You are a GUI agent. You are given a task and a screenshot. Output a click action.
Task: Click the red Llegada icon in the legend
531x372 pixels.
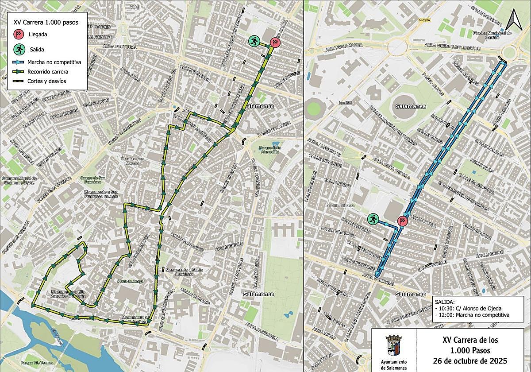click(x=19, y=34)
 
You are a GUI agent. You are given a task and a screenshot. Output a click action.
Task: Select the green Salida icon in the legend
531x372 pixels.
click(x=19, y=49)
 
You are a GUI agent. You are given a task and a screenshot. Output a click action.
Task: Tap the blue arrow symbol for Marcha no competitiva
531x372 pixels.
click(x=19, y=62)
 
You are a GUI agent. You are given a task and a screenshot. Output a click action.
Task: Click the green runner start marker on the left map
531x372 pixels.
click(x=254, y=42)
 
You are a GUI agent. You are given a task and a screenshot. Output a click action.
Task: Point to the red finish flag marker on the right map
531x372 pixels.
click(x=402, y=221)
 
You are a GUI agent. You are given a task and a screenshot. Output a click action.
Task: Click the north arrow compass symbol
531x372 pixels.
click(x=514, y=19)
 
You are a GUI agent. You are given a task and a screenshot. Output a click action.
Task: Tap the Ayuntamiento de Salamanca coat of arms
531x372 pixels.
click(x=393, y=345)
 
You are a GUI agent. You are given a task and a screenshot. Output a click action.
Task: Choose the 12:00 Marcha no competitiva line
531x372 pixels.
click(x=472, y=315)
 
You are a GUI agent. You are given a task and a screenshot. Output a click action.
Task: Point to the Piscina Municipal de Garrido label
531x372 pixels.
click(x=492, y=35)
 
